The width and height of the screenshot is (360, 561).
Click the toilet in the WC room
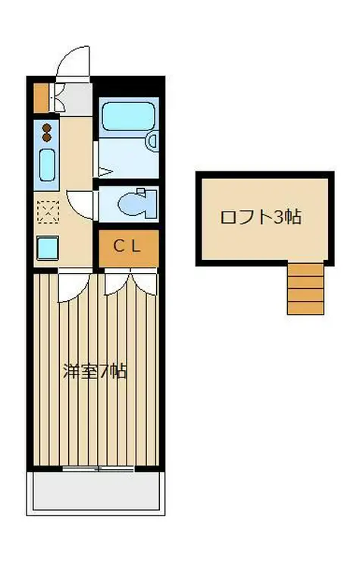(136, 202)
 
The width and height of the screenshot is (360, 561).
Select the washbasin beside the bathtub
(152, 139)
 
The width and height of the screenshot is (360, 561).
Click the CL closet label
(127, 246)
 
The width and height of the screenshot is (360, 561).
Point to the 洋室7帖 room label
(94, 371)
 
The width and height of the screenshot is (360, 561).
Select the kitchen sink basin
(47, 165)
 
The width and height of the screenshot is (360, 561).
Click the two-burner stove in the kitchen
(47, 133)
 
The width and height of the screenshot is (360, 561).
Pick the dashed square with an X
(47, 212)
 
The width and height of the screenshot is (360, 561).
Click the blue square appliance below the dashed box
(47, 247)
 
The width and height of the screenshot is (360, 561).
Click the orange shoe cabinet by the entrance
(41, 96)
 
